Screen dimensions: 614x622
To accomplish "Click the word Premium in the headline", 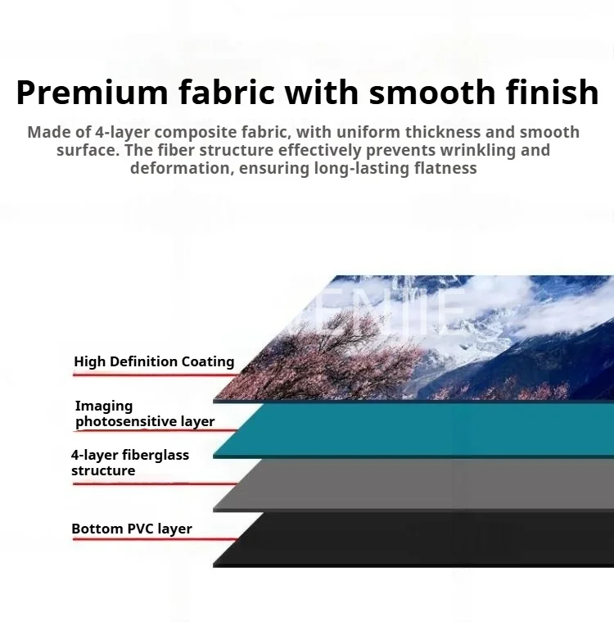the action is (x=93, y=93).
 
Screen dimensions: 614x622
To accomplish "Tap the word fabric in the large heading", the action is (x=226, y=92).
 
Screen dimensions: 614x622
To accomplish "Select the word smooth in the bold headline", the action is (x=432, y=92).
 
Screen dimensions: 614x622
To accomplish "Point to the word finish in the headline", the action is (x=552, y=92).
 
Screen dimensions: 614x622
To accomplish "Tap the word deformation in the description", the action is (x=180, y=168).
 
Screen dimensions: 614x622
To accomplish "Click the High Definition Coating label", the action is (x=154, y=361).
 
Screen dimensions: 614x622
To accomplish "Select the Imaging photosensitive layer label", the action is (x=145, y=413).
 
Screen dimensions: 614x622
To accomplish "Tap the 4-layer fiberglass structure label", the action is (x=130, y=462).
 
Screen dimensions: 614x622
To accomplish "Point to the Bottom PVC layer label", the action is (x=132, y=529).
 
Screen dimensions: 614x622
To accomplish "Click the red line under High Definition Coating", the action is (x=156, y=374).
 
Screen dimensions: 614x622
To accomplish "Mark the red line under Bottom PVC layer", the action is (x=155, y=539).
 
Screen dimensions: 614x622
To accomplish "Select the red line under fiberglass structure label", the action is (x=155, y=484).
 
